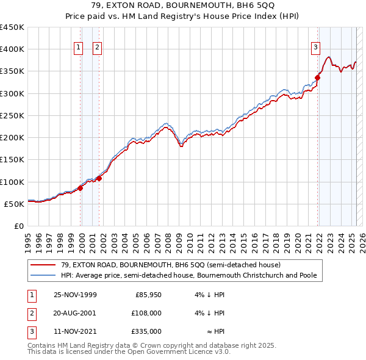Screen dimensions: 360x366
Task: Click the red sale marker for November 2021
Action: tap(318, 77)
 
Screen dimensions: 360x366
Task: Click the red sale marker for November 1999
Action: tap(81, 188)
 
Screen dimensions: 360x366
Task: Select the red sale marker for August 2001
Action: tap(99, 178)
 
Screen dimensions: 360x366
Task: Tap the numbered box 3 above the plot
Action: tap(315, 48)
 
